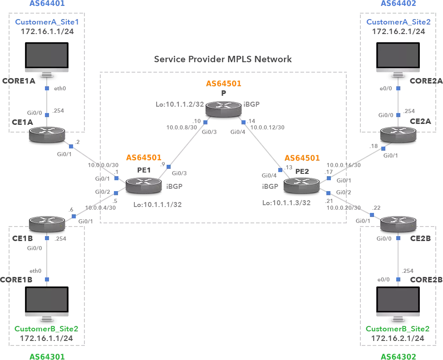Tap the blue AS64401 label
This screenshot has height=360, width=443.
tap(47, 4)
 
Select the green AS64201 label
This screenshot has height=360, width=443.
tap(47, 356)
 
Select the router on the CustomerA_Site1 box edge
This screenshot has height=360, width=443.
tap(47, 134)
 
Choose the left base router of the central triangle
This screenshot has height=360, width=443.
tap(143, 185)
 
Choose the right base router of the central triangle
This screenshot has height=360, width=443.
tap(301, 185)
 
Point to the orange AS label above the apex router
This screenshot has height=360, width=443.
tap(224, 84)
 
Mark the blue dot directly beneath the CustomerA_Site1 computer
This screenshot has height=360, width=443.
tap(46, 88)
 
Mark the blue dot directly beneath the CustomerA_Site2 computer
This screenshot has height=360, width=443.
tap(398, 88)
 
